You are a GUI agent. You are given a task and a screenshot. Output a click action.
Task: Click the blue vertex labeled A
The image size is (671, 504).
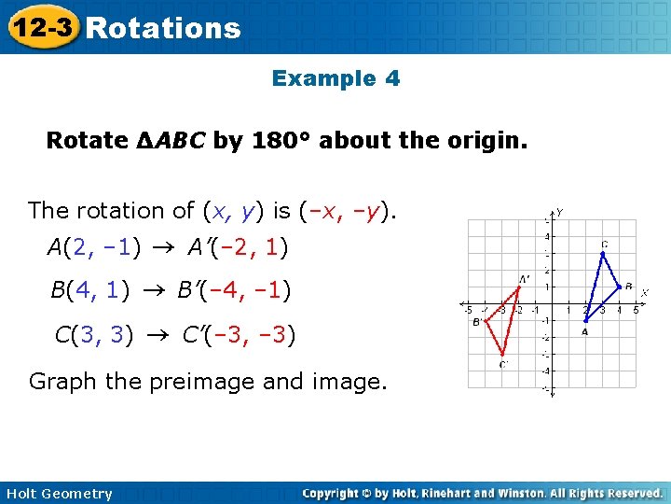coord(585,320)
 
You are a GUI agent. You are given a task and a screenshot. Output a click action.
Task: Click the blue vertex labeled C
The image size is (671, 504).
coord(603,253)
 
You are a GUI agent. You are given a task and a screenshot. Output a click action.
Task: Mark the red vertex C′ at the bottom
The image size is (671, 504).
coord(502,354)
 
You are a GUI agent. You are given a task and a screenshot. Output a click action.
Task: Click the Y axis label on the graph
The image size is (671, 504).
coord(559,213)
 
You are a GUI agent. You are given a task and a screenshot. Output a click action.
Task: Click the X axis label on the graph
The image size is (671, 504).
coord(644,292)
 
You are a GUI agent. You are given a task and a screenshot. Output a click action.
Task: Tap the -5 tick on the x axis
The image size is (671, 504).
coord(469,311)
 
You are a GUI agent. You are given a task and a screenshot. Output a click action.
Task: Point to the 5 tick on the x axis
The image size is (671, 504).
coord(636,311)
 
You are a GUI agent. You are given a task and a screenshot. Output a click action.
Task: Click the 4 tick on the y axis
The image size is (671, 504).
coord(546,237)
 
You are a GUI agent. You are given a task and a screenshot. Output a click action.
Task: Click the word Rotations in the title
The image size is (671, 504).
coord(163,28)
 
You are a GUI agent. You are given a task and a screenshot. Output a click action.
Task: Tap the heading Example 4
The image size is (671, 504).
coord(335,78)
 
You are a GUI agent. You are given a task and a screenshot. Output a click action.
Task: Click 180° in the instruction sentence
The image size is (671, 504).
coord(283,141)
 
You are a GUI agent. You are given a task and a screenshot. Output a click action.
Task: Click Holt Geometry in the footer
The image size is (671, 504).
coord(59,494)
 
